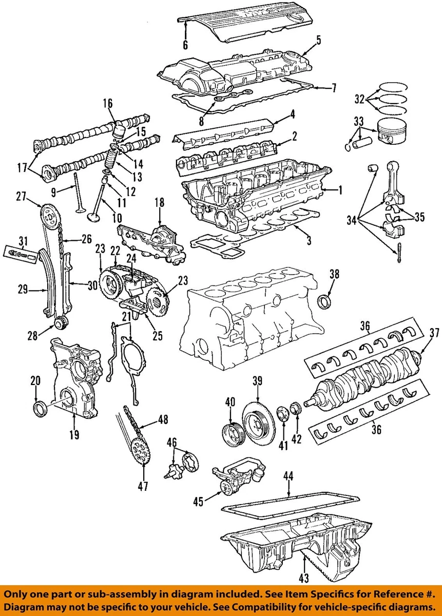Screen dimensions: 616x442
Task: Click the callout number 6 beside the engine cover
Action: tap(185, 45)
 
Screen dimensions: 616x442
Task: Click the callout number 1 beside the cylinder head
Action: tap(339, 190)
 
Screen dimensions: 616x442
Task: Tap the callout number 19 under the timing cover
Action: tap(74, 435)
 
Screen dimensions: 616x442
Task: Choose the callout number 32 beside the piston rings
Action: tap(359, 100)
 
